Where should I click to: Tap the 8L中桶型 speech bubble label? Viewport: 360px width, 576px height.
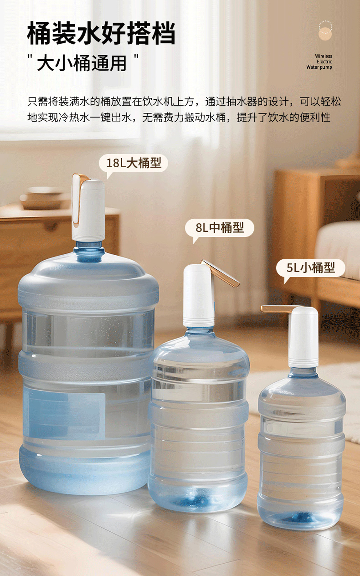(220, 228)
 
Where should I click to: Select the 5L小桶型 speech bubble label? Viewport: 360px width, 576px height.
(311, 268)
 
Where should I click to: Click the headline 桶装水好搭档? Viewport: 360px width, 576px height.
(101, 33)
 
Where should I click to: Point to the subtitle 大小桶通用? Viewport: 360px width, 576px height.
(82, 63)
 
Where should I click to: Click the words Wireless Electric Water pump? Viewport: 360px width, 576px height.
(319, 62)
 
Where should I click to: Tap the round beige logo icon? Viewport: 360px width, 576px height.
(325, 31)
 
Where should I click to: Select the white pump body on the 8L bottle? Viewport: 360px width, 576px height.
(199, 296)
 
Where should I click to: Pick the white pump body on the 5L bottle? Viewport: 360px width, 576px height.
(303, 337)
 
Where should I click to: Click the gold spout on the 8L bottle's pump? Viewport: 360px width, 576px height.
(221, 273)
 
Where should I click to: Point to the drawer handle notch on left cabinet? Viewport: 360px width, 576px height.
(51, 226)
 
